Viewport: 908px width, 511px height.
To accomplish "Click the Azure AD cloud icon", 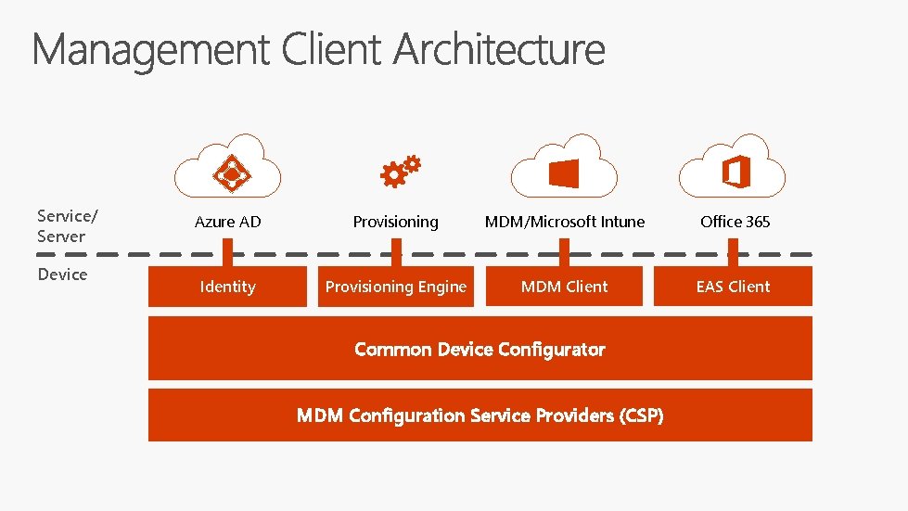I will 228,167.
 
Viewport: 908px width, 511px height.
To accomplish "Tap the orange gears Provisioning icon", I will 401,170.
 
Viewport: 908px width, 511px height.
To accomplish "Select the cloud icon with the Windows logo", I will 564,167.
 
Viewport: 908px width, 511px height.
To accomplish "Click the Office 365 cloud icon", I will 733,167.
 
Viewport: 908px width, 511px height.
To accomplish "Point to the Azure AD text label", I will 228,222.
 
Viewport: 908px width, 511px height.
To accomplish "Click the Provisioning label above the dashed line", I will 396,222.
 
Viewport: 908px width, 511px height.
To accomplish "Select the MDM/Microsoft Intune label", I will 565,222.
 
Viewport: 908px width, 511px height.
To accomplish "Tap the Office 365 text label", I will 735,222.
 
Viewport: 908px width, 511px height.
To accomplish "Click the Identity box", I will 228,287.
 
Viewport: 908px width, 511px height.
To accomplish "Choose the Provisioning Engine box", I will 396,287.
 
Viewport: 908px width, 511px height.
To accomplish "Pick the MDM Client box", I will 565,287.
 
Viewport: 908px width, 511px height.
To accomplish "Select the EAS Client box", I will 734,287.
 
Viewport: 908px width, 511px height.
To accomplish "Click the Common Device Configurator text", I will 480,350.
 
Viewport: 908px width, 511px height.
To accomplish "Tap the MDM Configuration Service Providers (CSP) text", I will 480,415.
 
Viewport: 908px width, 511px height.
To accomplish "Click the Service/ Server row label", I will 67,226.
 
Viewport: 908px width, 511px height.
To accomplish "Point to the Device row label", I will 62,275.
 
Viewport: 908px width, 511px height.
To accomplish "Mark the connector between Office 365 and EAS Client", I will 734,253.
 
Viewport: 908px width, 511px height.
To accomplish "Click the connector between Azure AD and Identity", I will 228,253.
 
